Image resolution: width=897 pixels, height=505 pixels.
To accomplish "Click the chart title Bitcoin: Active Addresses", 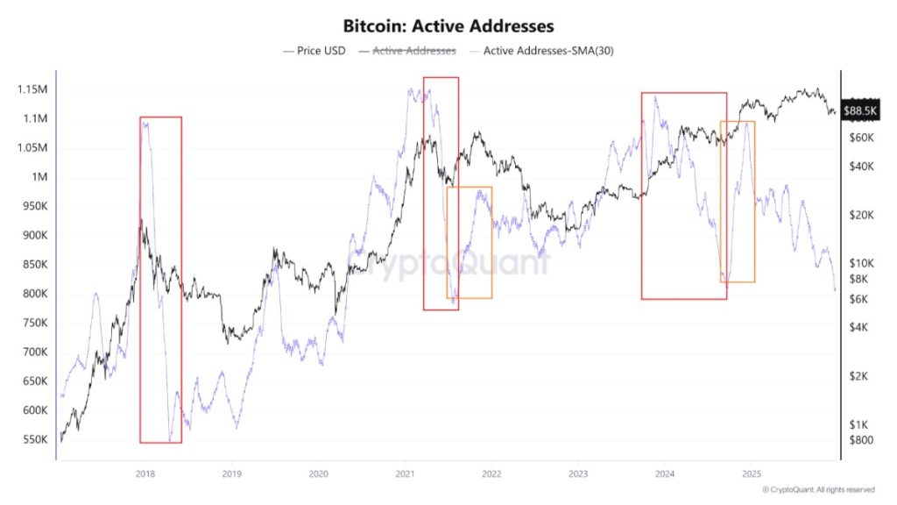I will [448, 26].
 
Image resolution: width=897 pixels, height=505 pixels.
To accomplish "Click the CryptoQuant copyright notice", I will [818, 489].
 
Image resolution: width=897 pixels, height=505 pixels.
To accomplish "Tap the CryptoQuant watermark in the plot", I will [448, 263].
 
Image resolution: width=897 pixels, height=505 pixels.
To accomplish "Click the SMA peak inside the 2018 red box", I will [145, 124].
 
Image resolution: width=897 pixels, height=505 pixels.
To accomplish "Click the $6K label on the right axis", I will [858, 300].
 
